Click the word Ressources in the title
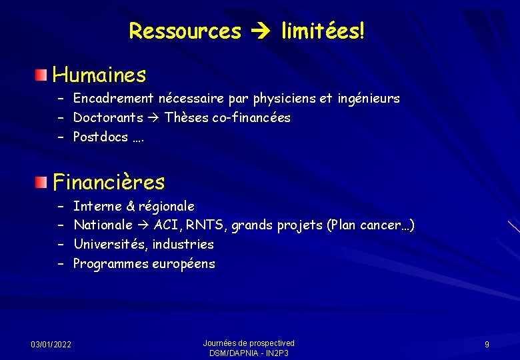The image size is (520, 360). [185, 31]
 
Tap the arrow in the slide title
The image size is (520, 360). [261, 31]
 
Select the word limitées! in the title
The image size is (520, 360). [323, 31]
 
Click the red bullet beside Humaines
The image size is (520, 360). [42, 73]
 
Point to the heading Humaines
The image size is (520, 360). [99, 75]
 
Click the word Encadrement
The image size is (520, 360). [114, 99]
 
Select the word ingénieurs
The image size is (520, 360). [368, 99]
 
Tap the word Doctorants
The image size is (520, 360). [108, 118]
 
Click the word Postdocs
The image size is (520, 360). [100, 137]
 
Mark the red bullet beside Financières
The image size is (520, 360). [42, 181]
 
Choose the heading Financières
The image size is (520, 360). [109, 182]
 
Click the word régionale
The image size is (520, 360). [166, 206]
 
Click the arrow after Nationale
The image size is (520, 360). [143, 225]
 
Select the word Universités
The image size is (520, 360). [110, 244]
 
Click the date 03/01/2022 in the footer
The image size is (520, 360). [51, 344]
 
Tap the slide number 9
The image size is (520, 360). [487, 344]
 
